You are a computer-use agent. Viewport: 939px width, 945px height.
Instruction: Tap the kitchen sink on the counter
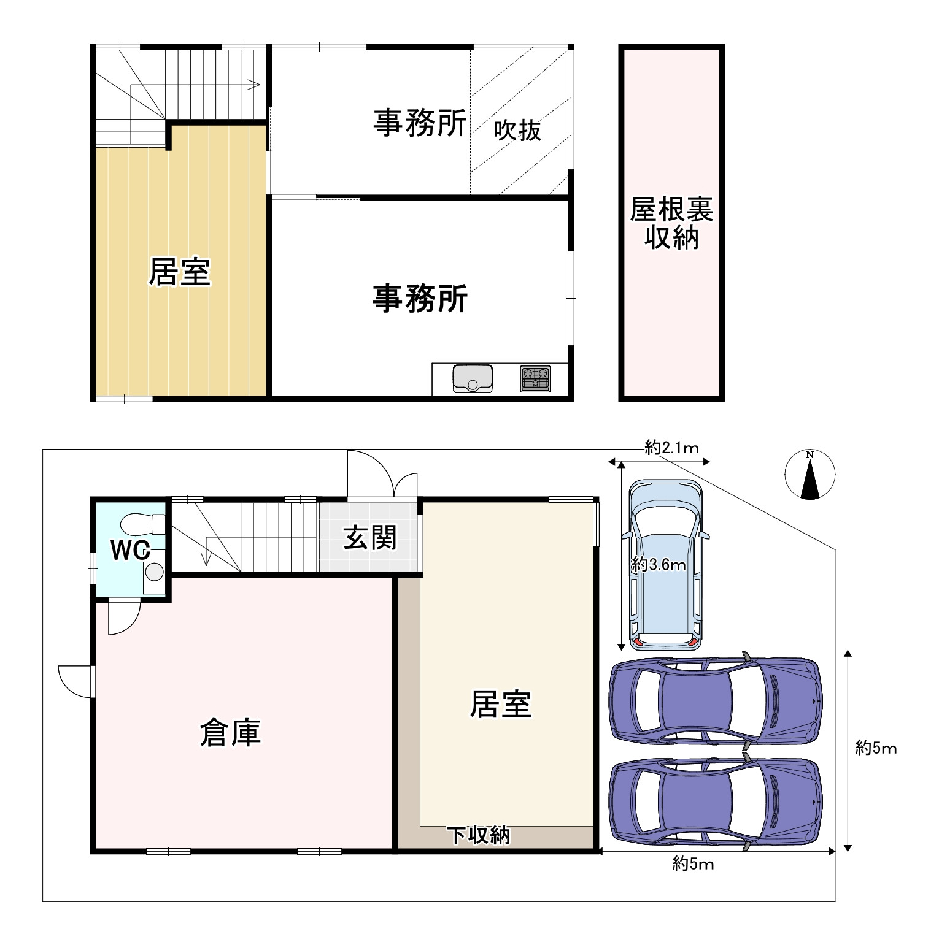(473, 378)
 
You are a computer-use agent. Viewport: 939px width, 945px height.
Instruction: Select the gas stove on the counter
(535, 378)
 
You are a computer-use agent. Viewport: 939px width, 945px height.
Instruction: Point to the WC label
(130, 551)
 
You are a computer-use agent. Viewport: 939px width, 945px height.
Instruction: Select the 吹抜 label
(518, 130)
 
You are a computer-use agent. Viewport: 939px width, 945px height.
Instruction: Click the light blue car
(665, 564)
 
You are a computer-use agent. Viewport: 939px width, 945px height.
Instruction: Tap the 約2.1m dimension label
(672, 448)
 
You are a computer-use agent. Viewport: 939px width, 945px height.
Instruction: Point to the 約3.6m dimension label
(659, 564)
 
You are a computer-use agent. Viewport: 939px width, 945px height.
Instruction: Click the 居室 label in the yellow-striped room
(180, 271)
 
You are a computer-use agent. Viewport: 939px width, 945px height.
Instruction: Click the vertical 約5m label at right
(876, 748)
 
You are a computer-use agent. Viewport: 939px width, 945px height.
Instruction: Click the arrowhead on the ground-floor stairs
(206, 559)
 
